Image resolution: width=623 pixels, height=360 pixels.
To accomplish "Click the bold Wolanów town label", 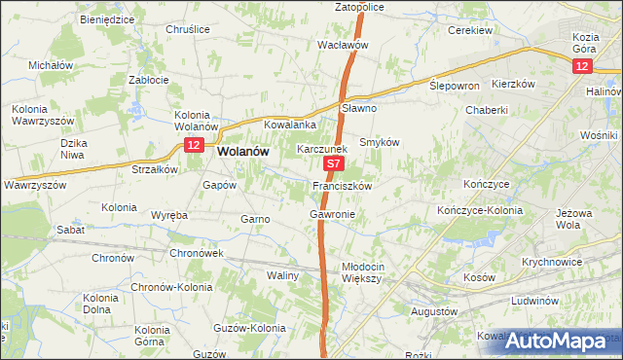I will [243, 152].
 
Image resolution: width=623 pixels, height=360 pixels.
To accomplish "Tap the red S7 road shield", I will [334, 166].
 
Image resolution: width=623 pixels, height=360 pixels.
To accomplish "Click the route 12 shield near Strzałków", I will [192, 145].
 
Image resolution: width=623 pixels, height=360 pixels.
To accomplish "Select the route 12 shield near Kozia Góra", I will [581, 65].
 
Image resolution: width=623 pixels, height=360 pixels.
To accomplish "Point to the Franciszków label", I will [342, 185].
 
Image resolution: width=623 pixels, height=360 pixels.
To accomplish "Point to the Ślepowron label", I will [455, 86].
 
